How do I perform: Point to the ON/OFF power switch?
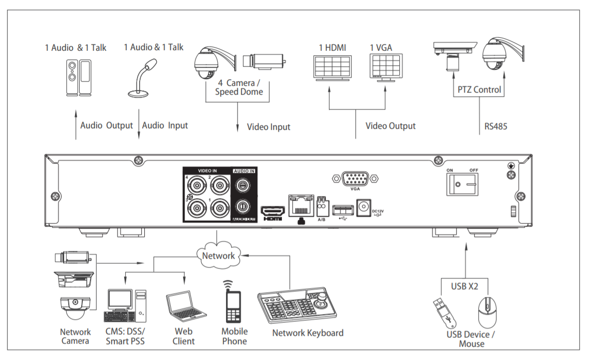point(461,184)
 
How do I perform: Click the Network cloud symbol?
point(218,256)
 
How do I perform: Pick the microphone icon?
point(142,78)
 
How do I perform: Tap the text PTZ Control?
point(479,89)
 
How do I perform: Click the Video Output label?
point(390,126)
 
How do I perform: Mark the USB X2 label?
point(463,285)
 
